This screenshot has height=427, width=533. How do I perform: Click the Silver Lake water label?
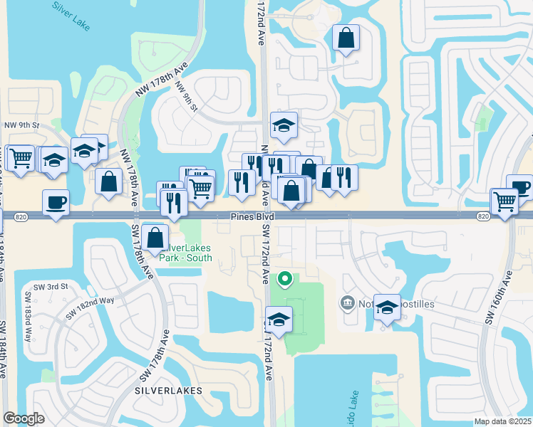70,14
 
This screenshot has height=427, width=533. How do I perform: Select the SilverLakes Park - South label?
187,253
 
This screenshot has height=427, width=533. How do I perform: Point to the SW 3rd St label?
54,286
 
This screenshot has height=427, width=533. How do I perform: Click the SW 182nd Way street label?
90,308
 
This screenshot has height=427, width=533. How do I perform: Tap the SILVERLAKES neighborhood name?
168,391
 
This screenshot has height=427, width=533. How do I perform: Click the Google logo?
24,418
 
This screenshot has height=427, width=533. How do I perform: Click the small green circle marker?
285,279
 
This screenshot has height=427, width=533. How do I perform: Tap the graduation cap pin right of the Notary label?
387,307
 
